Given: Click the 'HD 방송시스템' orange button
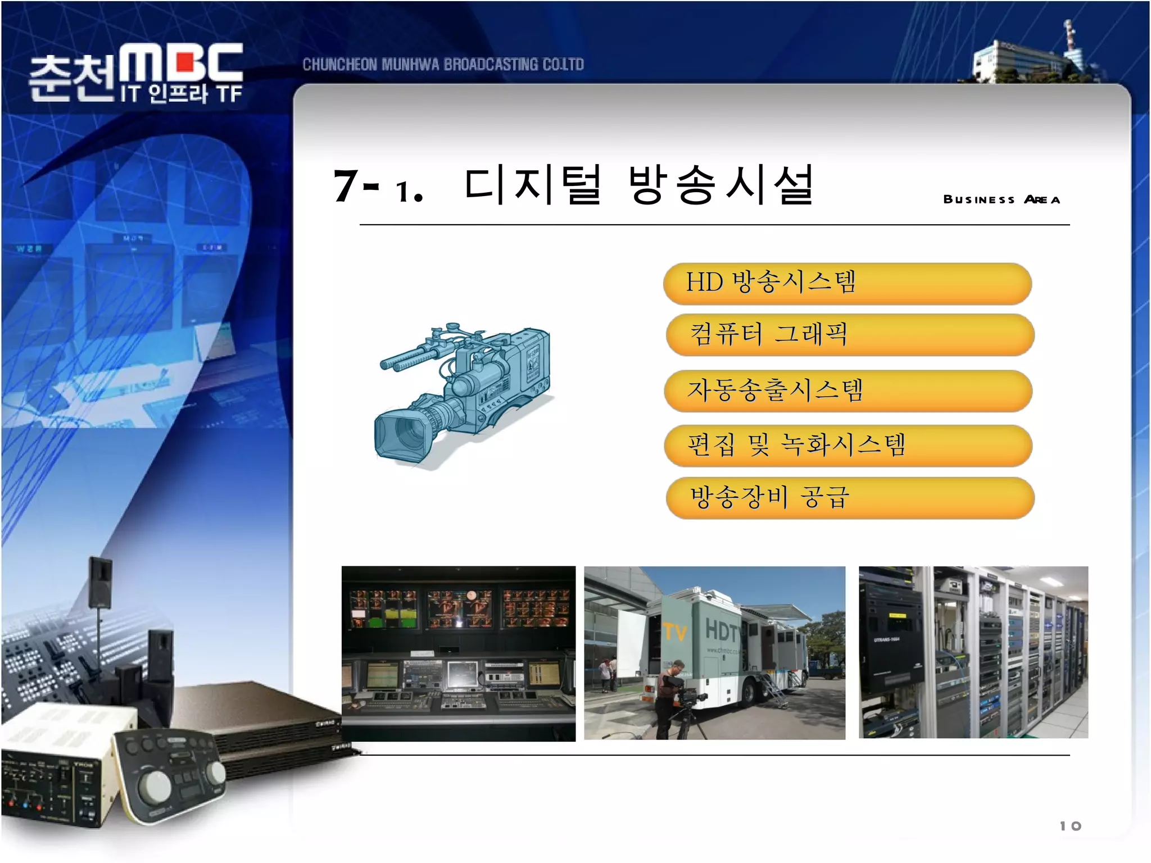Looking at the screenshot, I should point(847,283).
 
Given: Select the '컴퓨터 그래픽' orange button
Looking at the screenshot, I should point(849,335).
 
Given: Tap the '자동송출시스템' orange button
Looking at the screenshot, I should point(848,390).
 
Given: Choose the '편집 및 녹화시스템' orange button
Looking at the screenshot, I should point(848,446).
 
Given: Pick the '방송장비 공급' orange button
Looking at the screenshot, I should point(849,498).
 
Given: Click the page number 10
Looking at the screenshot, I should point(1070,826).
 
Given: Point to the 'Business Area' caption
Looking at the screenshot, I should point(1002,199).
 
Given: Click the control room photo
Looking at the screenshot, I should point(458,653).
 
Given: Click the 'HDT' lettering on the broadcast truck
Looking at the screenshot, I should point(722,630).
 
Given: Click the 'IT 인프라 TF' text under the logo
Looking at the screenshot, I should point(181,94).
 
